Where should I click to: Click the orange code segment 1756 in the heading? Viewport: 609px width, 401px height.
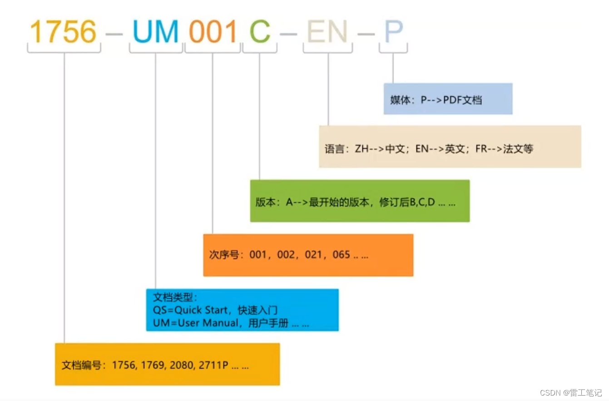pos(64,32)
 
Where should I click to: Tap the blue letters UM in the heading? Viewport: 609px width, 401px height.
pos(155,32)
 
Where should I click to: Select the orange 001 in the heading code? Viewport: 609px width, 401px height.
pos(213,32)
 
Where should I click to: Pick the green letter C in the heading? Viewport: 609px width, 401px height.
pos(260,32)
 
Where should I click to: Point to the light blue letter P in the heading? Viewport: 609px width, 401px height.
pos(393,32)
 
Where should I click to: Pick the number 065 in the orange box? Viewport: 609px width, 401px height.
pos(342,255)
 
